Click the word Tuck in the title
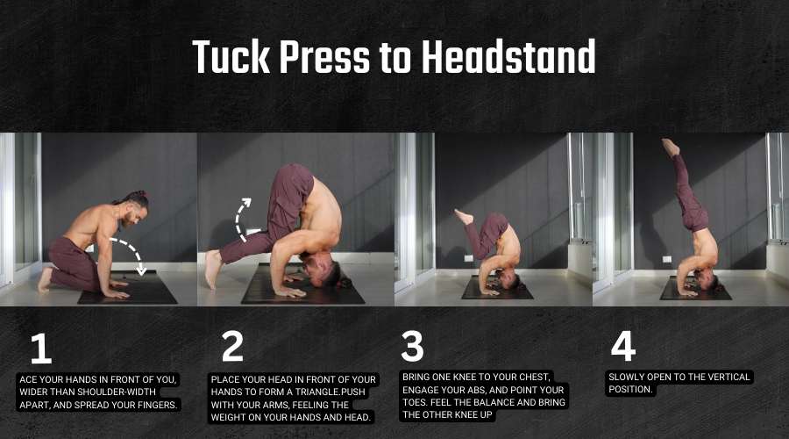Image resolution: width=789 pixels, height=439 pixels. (x=231, y=56)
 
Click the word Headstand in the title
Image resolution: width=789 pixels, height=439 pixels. (x=508, y=56)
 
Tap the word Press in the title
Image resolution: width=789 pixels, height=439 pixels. (x=324, y=56)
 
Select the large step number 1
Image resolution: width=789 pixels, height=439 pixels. (x=41, y=349)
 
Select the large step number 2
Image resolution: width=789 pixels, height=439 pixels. (x=232, y=346)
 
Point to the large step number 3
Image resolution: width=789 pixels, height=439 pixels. (x=412, y=346)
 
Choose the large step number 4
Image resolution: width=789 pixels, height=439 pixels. (x=623, y=346)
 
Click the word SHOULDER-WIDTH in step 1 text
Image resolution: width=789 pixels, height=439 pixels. (x=117, y=392)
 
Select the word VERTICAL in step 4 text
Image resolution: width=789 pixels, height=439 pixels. (x=727, y=377)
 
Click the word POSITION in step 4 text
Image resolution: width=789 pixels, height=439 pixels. (x=630, y=390)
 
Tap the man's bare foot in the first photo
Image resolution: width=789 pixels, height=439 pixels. (x=45, y=280)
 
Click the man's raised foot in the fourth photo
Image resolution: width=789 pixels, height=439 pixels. (x=671, y=148)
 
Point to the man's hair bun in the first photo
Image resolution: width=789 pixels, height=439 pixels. (x=145, y=195)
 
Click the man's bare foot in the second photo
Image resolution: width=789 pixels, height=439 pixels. (x=213, y=269)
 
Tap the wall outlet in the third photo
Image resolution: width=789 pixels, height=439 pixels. (x=468, y=258)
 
